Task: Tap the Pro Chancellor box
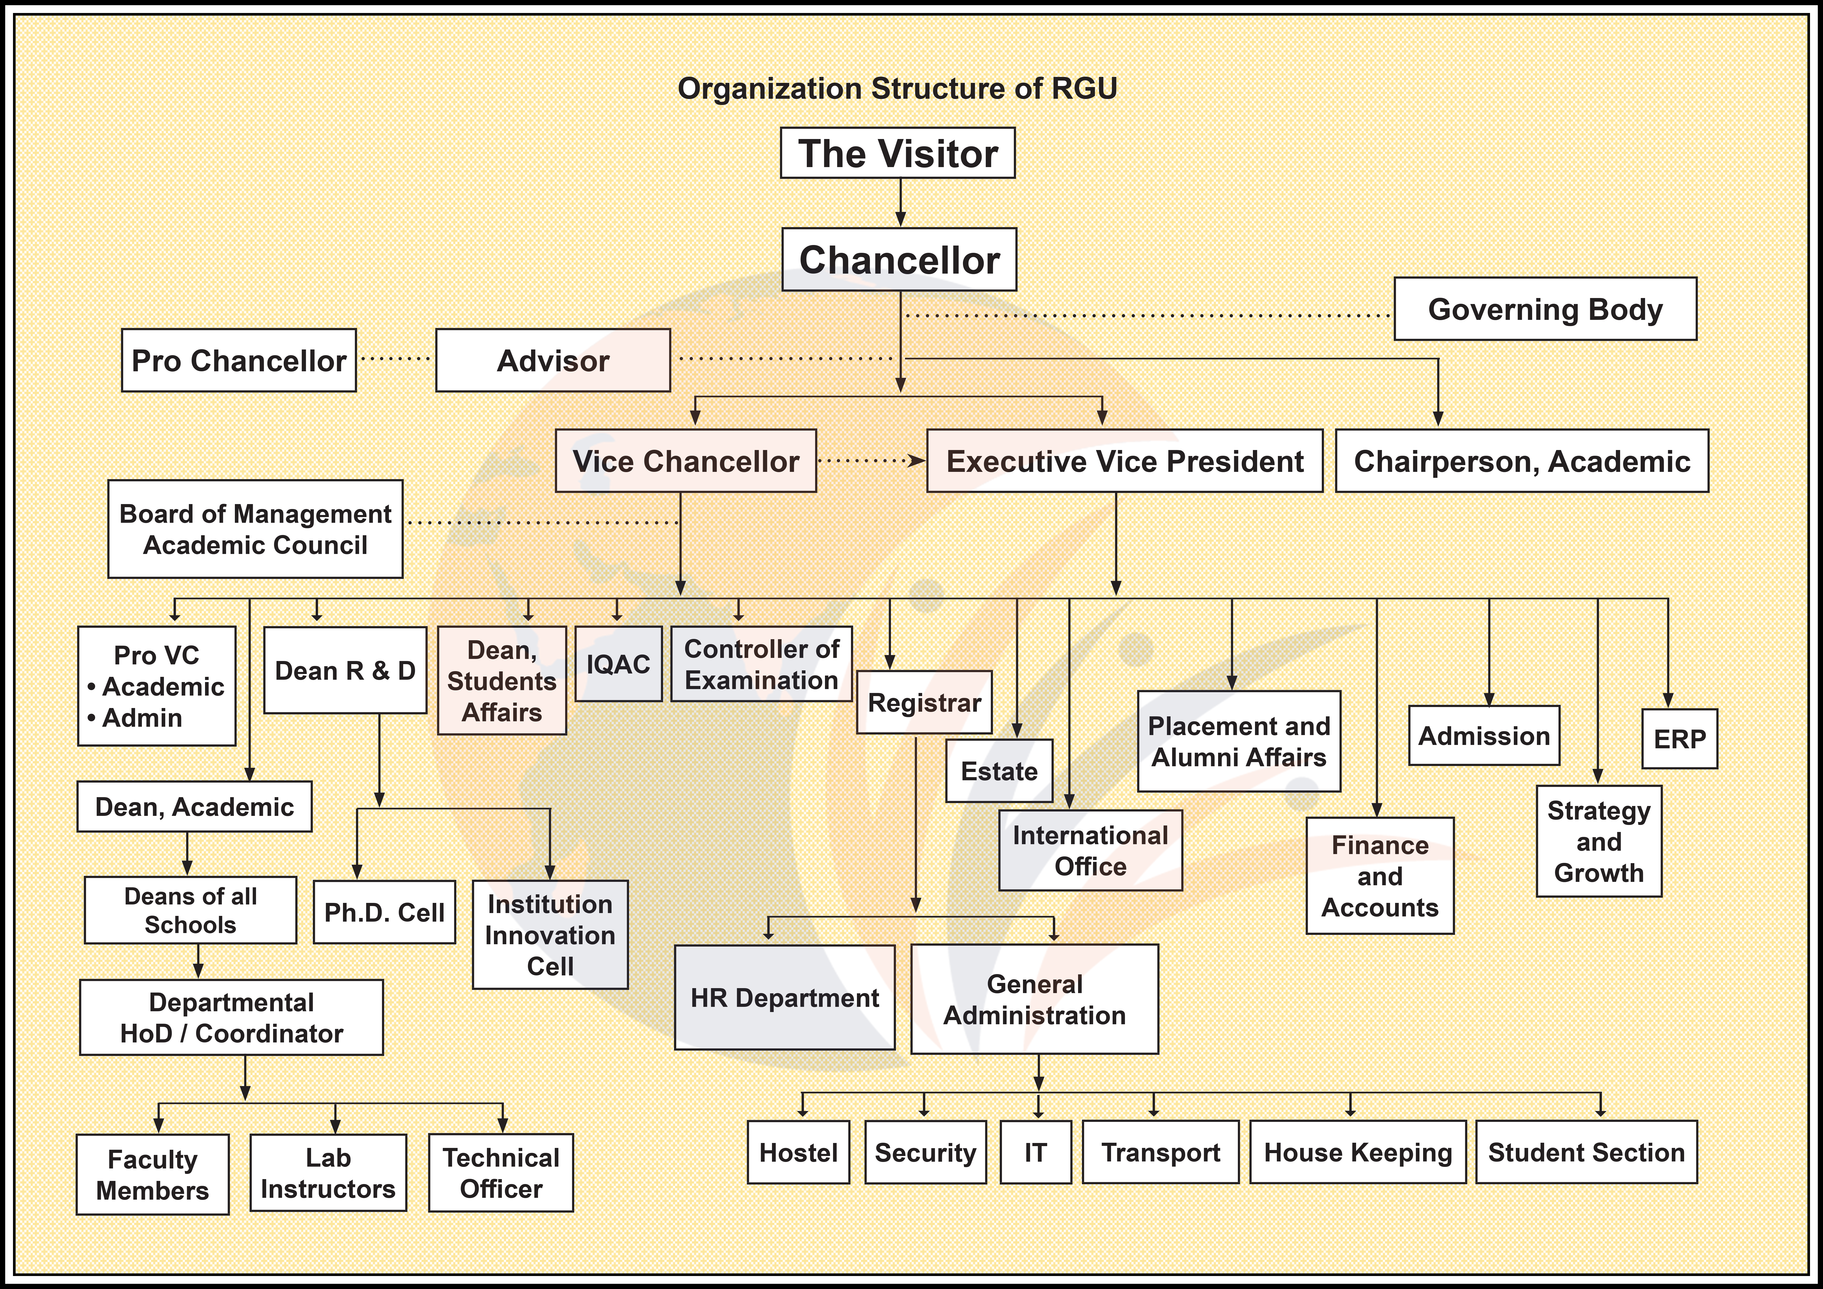[238, 361]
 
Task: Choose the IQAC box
[618, 664]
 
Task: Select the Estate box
[999, 770]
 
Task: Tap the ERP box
[1679, 739]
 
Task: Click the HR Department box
[784, 997]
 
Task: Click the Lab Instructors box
[328, 1173]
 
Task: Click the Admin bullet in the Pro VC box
[141, 718]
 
